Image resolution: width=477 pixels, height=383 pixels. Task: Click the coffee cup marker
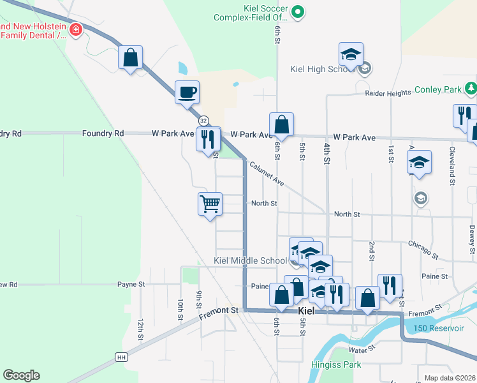pyautogui.click(x=187, y=93)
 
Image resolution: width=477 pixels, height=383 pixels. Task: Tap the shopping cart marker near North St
pyautogui.click(x=210, y=205)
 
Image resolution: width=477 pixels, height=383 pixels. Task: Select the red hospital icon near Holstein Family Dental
pyautogui.click(x=76, y=29)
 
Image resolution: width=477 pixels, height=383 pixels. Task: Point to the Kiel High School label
pyautogui.click(x=317, y=69)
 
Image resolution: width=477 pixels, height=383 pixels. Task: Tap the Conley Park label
pyautogui.click(x=439, y=90)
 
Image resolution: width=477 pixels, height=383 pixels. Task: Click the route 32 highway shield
pyautogui.click(x=203, y=121)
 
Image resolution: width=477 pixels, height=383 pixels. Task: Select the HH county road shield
pyautogui.click(x=121, y=357)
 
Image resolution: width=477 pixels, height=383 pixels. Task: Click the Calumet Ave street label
pyautogui.click(x=267, y=172)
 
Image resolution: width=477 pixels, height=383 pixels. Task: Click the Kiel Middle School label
pyautogui.click(x=250, y=260)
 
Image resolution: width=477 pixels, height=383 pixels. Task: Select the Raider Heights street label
pyautogui.click(x=388, y=93)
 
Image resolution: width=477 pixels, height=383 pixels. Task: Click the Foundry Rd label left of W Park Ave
pyautogui.click(x=103, y=133)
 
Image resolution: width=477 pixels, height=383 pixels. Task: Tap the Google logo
pyautogui.click(x=21, y=375)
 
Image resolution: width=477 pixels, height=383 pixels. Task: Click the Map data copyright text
pyautogui.click(x=450, y=378)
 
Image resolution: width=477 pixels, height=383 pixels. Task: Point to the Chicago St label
pyautogui.click(x=423, y=250)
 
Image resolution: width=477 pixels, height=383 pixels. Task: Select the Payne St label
pyautogui.click(x=131, y=284)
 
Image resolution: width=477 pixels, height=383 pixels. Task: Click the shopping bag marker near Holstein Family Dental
pyautogui.click(x=130, y=58)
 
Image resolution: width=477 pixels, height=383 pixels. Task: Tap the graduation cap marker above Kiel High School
pyautogui.click(x=351, y=55)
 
